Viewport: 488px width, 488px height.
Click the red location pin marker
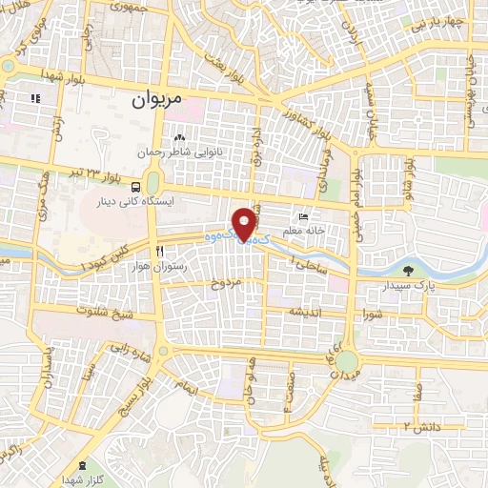(248, 223)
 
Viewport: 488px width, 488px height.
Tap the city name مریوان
(154, 98)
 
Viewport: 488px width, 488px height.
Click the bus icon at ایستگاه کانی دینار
(137, 187)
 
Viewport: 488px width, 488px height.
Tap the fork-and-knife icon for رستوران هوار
(160, 252)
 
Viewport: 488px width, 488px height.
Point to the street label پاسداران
(45, 376)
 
